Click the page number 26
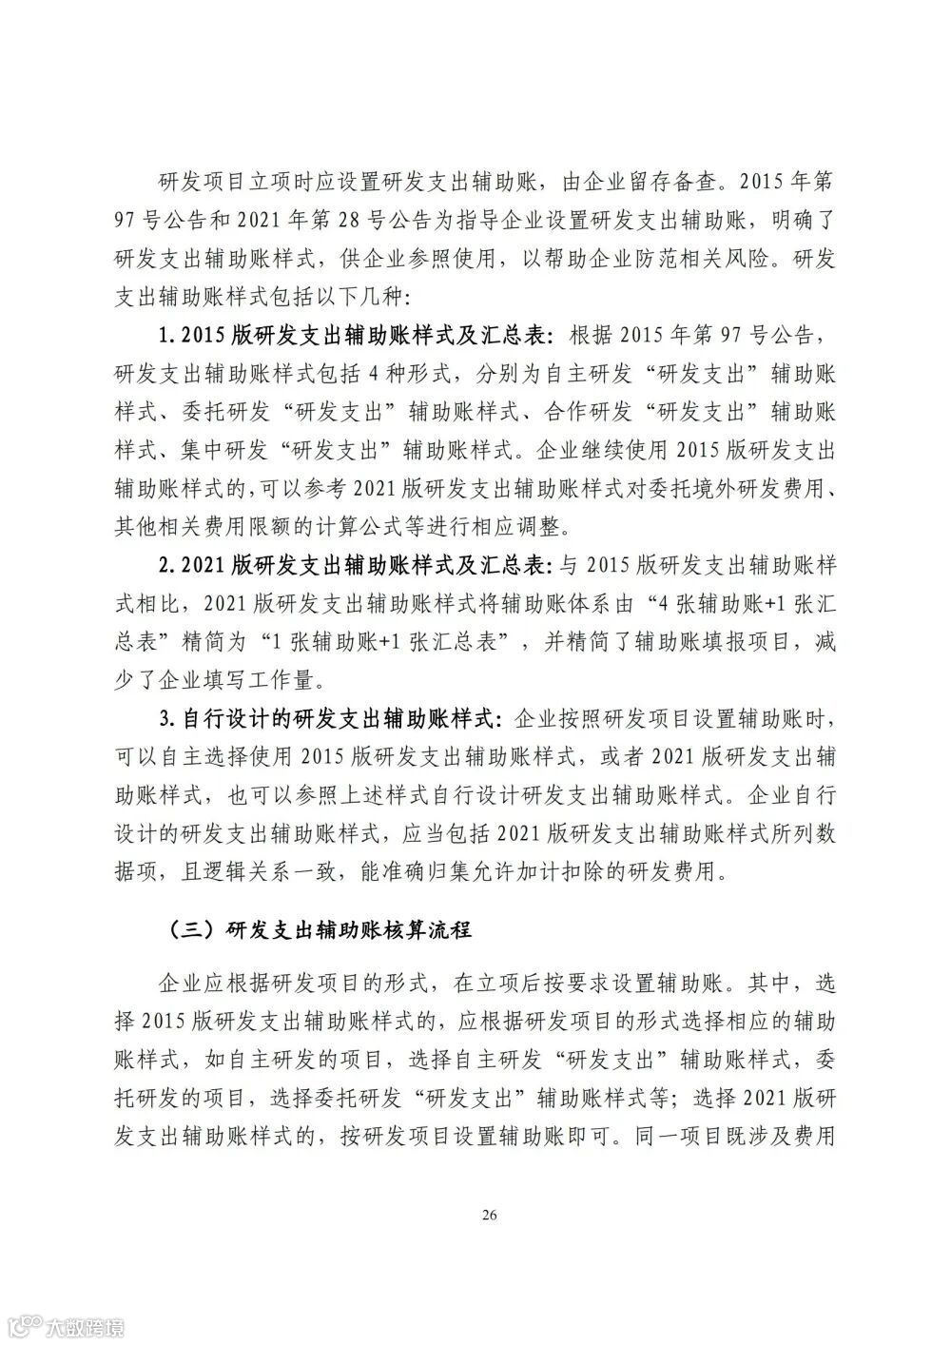(490, 1215)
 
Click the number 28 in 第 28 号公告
(350, 221)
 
